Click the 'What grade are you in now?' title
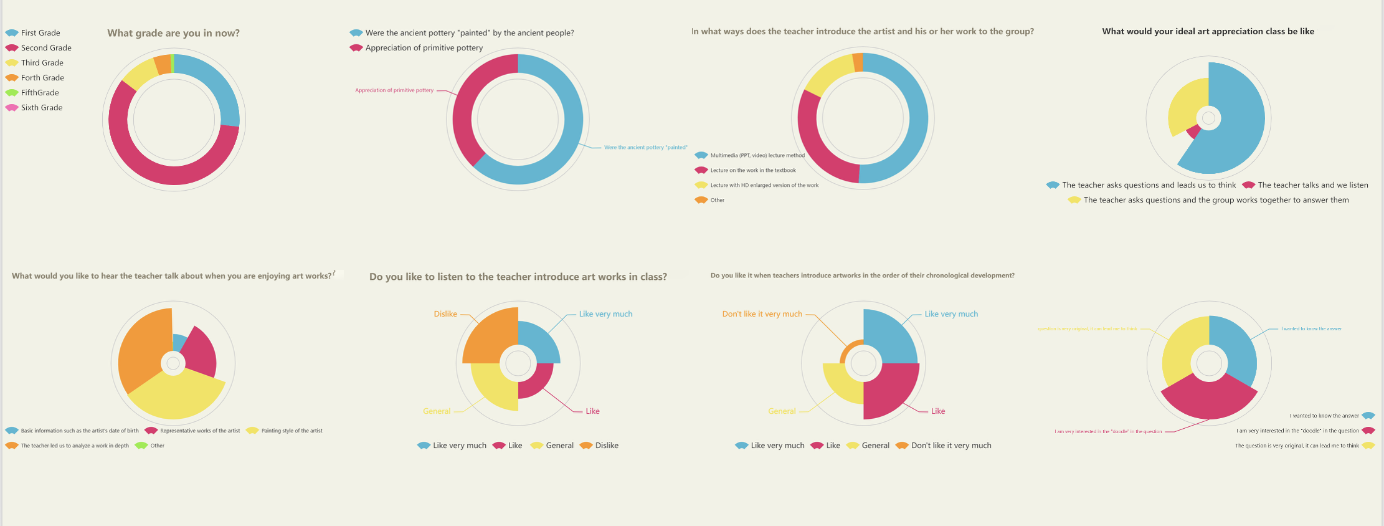tap(173, 33)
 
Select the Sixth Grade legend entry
tap(41, 108)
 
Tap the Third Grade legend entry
tap(42, 63)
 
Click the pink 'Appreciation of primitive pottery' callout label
tap(394, 90)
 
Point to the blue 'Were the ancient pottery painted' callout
tap(645, 148)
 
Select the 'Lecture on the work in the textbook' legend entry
tap(752, 170)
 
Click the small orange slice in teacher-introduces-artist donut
tap(858, 62)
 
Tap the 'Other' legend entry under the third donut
tap(717, 200)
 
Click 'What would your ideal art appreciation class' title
tap(1208, 32)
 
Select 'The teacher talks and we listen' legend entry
tap(1312, 185)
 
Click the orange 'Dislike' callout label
tap(445, 314)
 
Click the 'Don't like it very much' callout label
tap(762, 314)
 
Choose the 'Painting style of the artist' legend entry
tap(291, 431)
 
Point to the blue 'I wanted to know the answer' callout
tap(1311, 328)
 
